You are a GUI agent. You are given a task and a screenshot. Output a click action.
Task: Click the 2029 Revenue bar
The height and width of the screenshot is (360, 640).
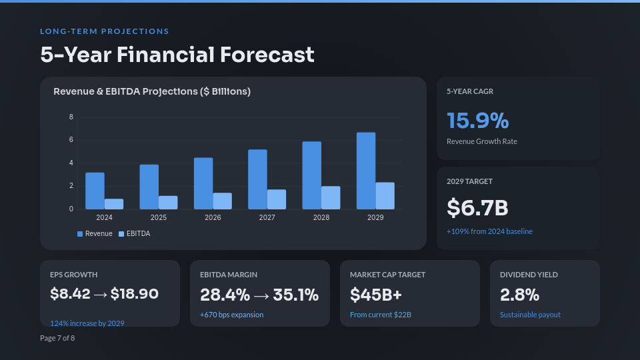[366, 171]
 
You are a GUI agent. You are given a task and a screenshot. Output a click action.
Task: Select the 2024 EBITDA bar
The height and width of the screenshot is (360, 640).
[114, 204]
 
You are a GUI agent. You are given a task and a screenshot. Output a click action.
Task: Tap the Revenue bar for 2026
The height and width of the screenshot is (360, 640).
[203, 183]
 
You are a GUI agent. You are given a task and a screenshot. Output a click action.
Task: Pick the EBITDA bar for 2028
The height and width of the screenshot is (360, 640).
[331, 197]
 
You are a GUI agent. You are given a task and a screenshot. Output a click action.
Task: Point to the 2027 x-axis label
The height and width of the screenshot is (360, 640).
[267, 218]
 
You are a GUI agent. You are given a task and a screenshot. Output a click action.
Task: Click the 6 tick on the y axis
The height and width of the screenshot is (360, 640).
[71, 140]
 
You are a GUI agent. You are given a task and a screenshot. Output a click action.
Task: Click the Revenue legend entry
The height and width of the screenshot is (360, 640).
[95, 234]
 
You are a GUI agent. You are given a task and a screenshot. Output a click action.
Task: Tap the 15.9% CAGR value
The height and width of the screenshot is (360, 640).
[477, 121]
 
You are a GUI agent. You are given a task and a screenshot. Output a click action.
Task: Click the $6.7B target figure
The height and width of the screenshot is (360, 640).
[477, 208]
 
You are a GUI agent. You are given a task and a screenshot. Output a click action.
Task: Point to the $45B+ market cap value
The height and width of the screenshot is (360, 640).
[376, 294]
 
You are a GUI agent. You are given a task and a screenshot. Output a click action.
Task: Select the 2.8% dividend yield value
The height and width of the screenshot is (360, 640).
[519, 294]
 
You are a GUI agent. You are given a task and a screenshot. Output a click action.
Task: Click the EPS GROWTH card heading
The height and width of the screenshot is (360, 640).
[74, 275]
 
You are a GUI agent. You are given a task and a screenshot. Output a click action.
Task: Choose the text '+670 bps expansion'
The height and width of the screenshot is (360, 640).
[231, 315]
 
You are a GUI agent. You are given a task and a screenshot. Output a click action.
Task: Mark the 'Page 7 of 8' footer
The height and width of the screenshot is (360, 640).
[57, 338]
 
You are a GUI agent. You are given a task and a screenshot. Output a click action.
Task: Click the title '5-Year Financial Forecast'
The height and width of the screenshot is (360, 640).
[177, 55]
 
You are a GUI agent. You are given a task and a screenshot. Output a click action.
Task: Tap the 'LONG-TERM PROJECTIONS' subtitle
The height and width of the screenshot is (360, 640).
[105, 31]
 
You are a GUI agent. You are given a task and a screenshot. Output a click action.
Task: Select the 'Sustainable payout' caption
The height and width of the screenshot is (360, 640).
[530, 315]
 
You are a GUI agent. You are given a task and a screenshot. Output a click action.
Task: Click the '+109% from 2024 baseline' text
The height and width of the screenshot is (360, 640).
[489, 231]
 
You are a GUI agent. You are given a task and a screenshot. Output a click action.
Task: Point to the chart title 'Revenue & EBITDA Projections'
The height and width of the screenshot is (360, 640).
[152, 91]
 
